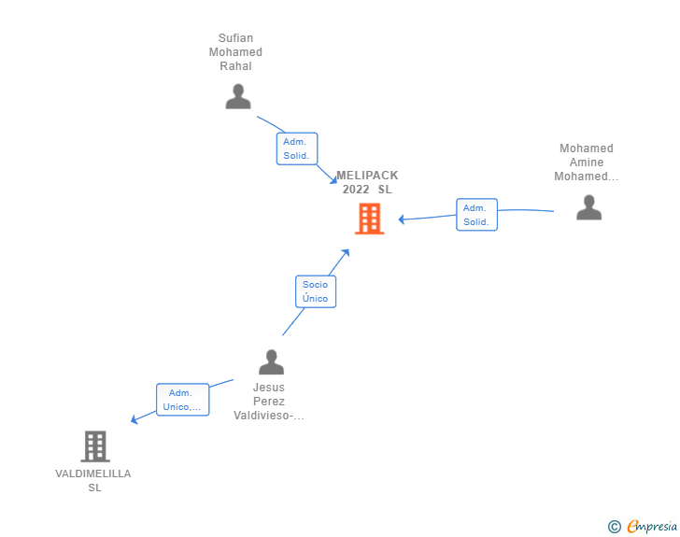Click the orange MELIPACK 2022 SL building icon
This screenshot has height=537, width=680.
(x=370, y=219)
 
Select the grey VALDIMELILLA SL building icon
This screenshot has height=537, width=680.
(x=95, y=446)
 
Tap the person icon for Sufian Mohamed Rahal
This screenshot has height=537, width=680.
(x=238, y=96)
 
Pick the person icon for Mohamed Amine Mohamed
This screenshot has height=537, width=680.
(x=588, y=207)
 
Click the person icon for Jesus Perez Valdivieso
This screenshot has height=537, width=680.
(x=272, y=361)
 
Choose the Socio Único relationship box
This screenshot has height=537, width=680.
(x=316, y=291)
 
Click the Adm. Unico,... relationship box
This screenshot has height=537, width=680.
(x=182, y=400)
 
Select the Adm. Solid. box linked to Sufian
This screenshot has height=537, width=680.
(x=297, y=148)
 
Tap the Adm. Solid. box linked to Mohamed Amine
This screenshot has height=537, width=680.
(x=476, y=215)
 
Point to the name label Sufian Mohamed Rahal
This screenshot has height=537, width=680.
(x=235, y=52)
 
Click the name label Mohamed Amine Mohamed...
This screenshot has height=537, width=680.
(x=587, y=163)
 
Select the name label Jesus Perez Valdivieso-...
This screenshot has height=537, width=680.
(x=269, y=402)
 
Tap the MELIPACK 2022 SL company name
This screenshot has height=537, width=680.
(x=367, y=182)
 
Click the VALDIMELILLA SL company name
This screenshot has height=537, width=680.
(x=93, y=480)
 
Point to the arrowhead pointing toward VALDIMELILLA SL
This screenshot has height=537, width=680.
(x=135, y=419)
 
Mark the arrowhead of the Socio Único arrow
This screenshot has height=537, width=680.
(x=346, y=253)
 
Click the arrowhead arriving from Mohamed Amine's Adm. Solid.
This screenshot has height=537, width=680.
(x=402, y=219)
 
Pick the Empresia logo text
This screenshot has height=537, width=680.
(x=652, y=526)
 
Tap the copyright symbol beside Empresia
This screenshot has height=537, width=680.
(x=615, y=527)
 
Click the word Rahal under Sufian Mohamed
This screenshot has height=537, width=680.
(x=235, y=66)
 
